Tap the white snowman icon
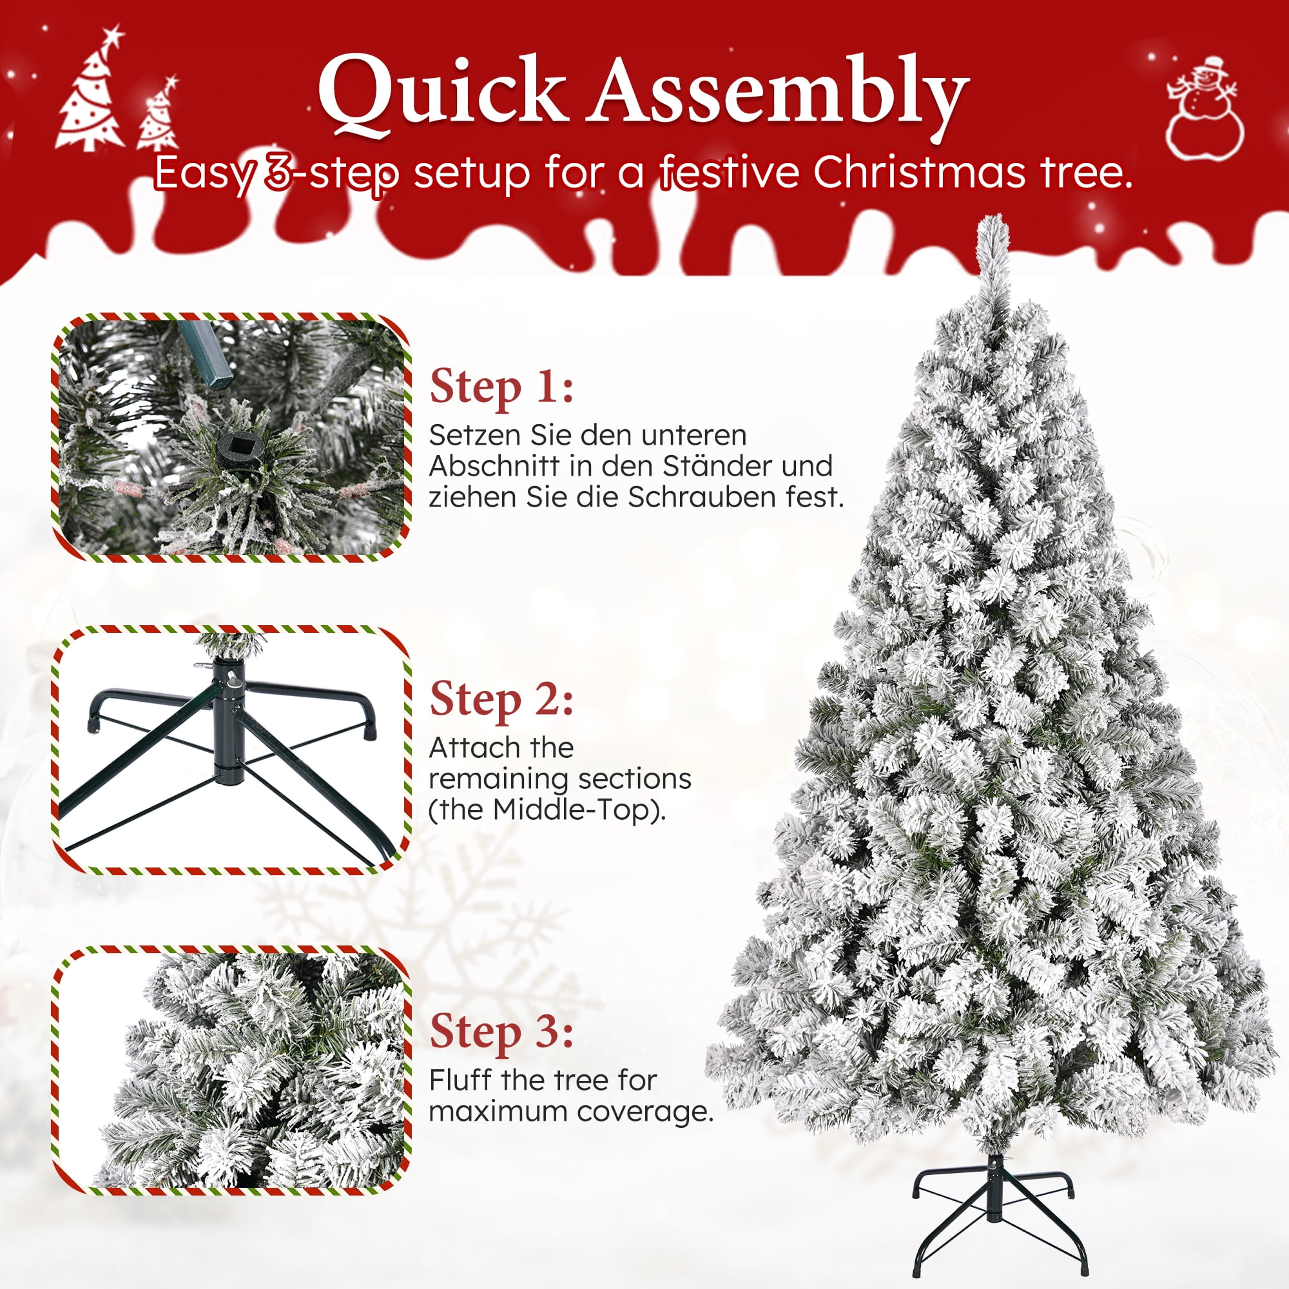click(x=1205, y=110)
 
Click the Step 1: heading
click(x=501, y=387)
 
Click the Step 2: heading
click(x=501, y=699)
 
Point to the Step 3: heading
click(x=501, y=1031)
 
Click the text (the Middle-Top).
click(x=547, y=810)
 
